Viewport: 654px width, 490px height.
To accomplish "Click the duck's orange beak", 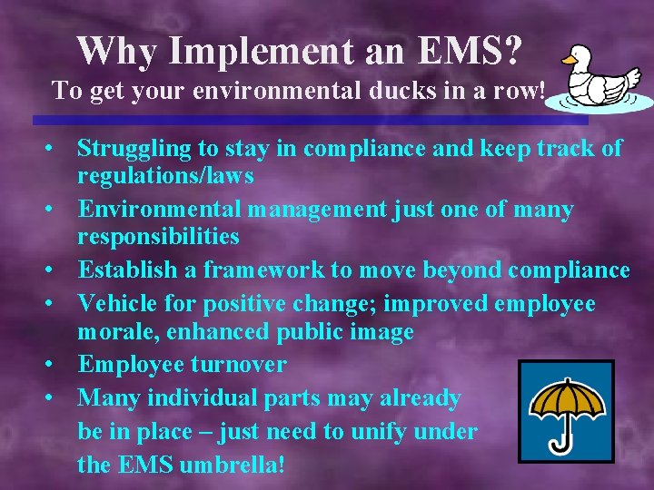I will pos(569,61).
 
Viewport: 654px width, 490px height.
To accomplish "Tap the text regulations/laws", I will pos(164,174).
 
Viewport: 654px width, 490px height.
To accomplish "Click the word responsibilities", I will pos(158,237).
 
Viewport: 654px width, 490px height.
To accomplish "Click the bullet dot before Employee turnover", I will pos(56,365).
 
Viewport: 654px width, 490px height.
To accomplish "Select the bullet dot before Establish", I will pos(56,270).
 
